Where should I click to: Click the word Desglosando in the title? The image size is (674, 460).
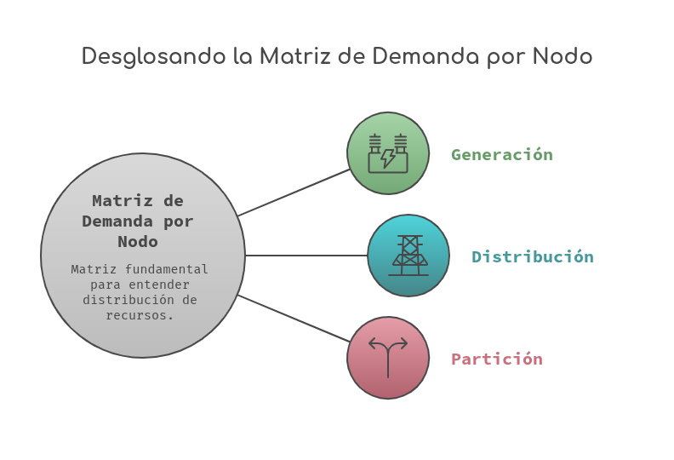[154, 57]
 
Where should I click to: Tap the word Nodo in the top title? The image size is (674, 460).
[563, 56]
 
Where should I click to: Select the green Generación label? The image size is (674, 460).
[502, 154]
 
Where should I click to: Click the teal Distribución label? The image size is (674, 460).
[533, 256]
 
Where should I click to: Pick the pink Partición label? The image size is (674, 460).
[497, 359]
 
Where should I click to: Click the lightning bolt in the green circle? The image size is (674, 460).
[388, 158]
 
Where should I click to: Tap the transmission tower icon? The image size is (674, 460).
[408, 256]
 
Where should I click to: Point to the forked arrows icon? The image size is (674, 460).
[388, 358]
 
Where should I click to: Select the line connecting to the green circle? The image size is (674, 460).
[294, 193]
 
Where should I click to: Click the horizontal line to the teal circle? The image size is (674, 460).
[306, 256]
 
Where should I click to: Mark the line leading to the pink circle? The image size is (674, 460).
[294, 319]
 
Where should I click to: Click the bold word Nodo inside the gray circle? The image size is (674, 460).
[138, 241]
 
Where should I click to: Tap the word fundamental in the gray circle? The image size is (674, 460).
[166, 269]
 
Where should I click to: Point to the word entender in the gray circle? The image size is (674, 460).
[159, 285]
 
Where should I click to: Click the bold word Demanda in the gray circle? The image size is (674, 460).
[117, 221]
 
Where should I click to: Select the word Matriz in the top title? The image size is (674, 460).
[294, 56]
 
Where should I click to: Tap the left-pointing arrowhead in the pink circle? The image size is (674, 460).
[373, 343]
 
